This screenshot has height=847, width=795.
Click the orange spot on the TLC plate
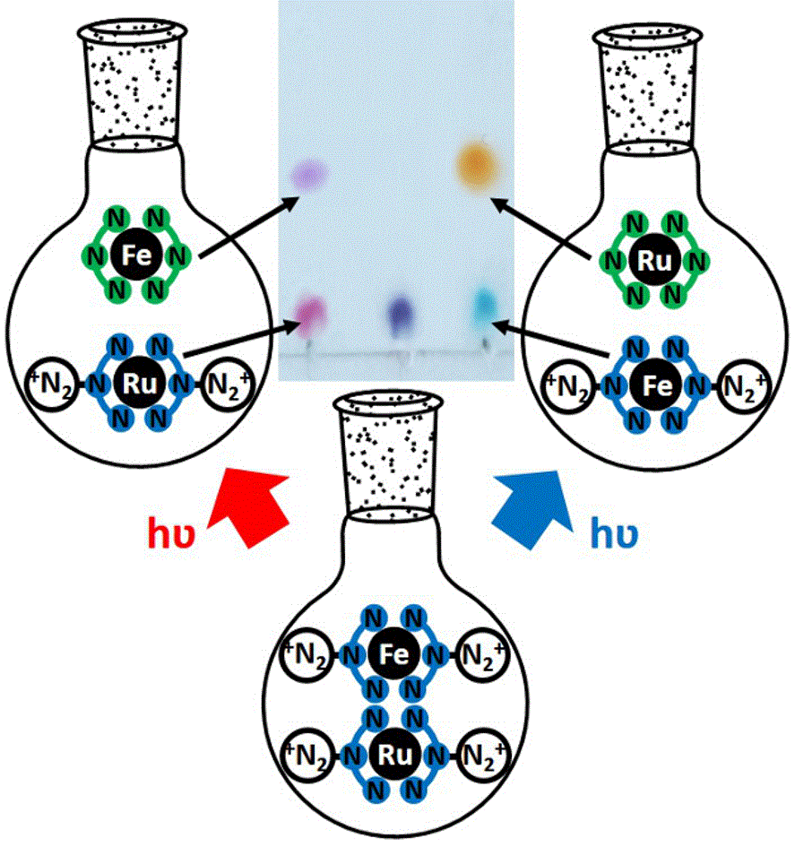[472, 165]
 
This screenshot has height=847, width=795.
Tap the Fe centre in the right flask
[652, 385]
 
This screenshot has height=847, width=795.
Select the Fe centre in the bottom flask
[396, 654]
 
